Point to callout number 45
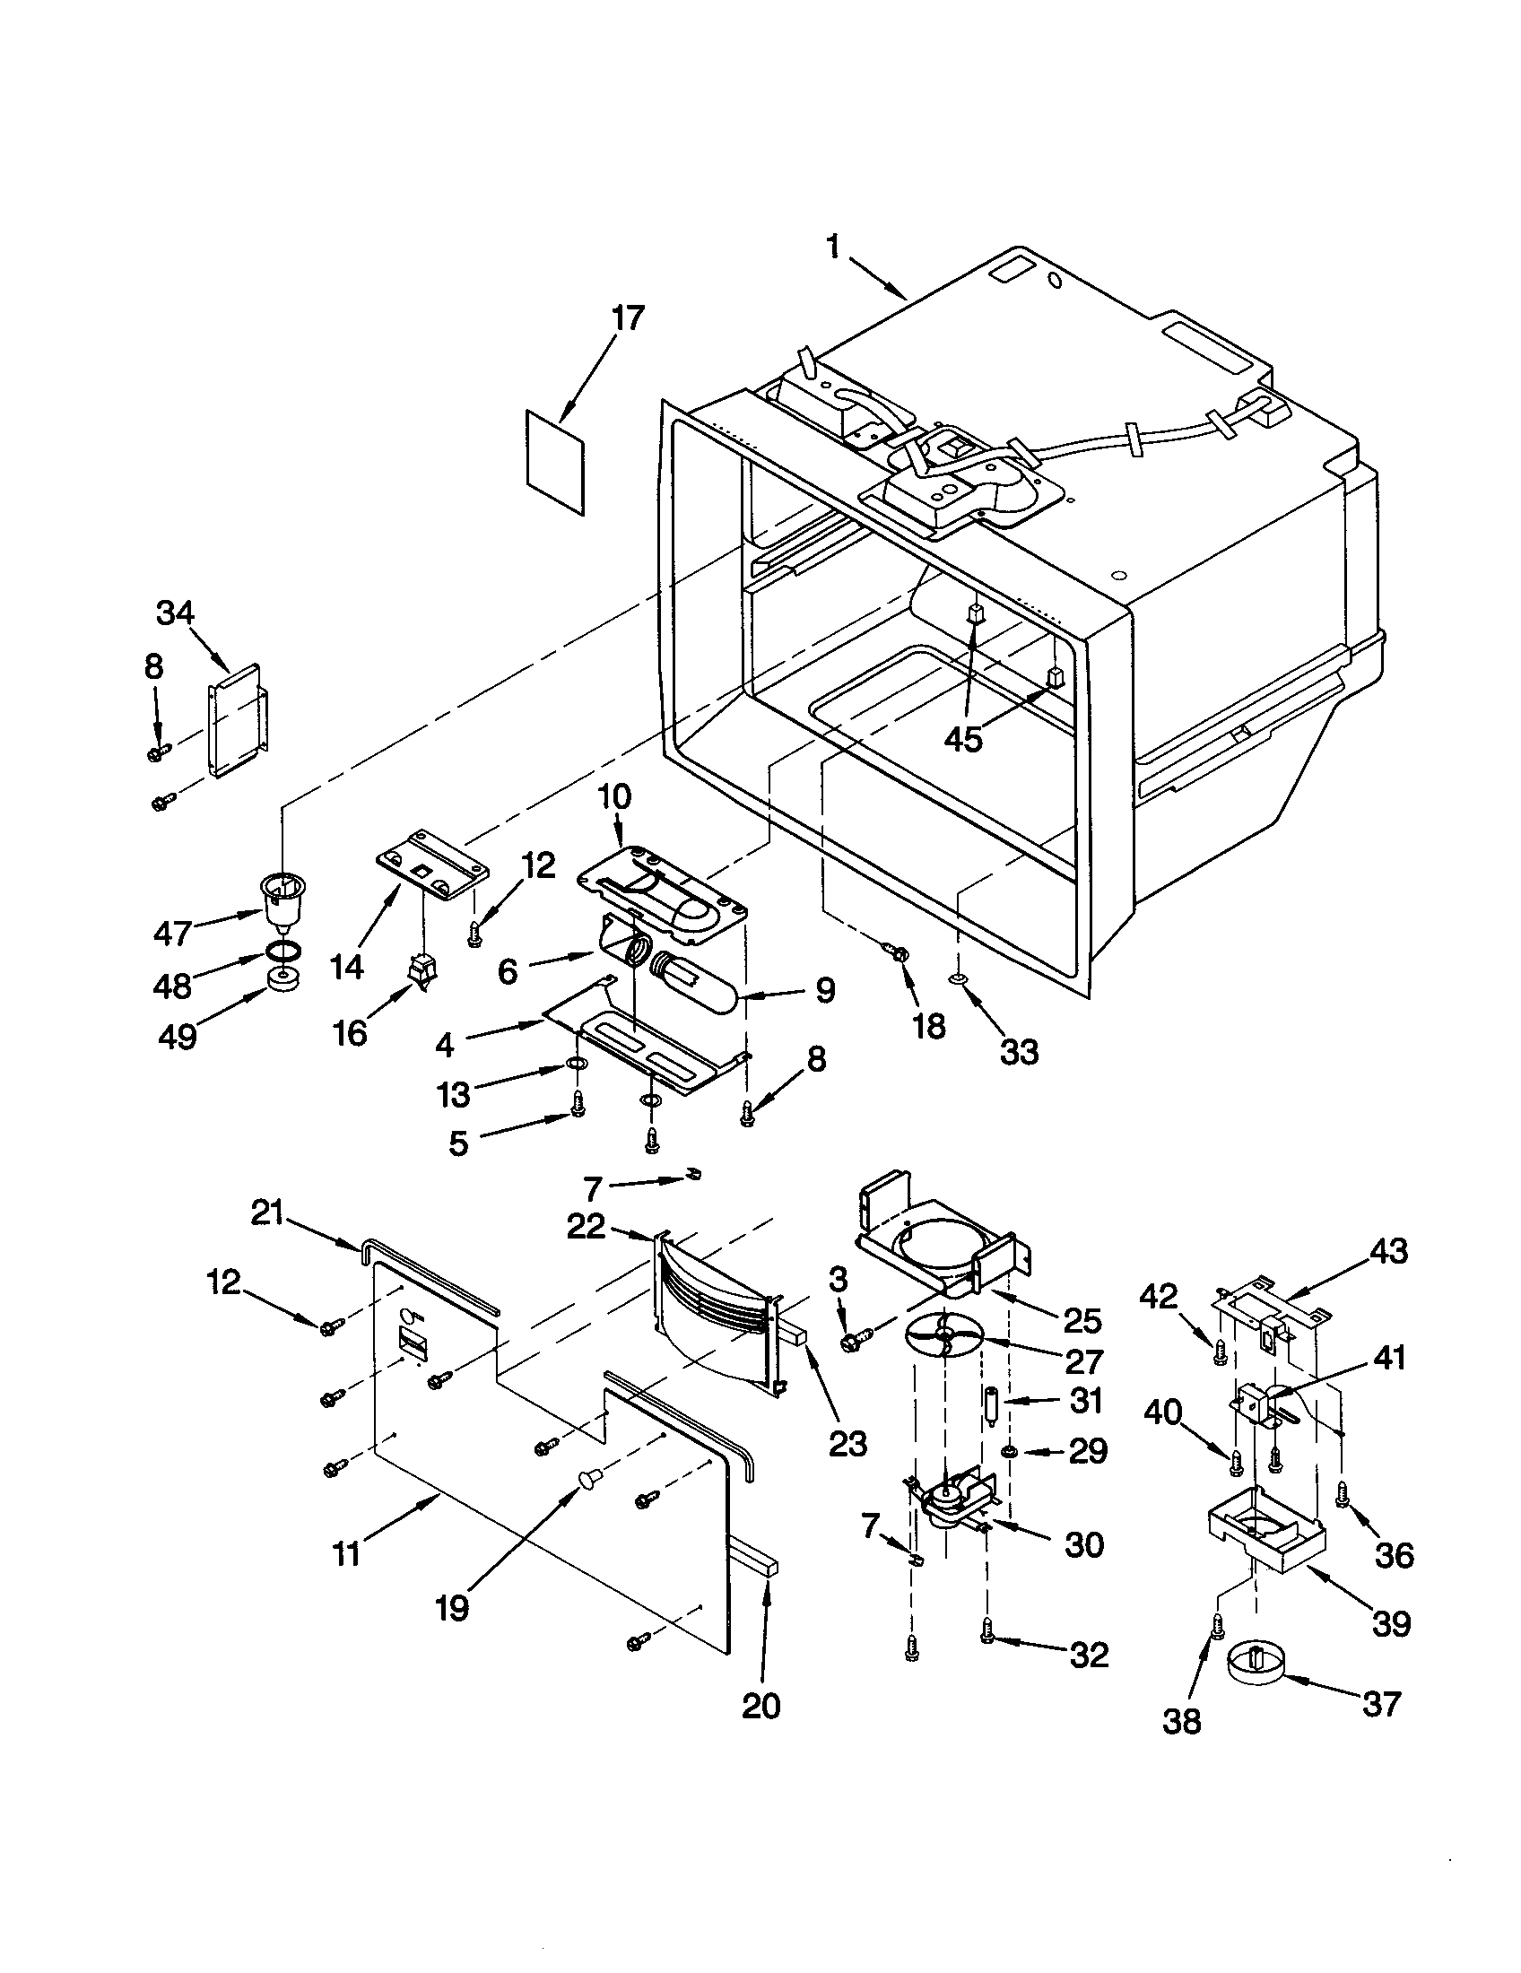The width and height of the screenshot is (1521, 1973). pos(963,738)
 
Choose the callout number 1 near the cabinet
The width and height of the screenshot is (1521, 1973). pos(833,246)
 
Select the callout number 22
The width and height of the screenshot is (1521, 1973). pos(587,1226)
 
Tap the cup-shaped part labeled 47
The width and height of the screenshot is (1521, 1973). pos(282,898)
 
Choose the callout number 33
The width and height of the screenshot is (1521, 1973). pos(1019,1051)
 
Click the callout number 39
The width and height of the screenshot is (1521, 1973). pos(1391,1624)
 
